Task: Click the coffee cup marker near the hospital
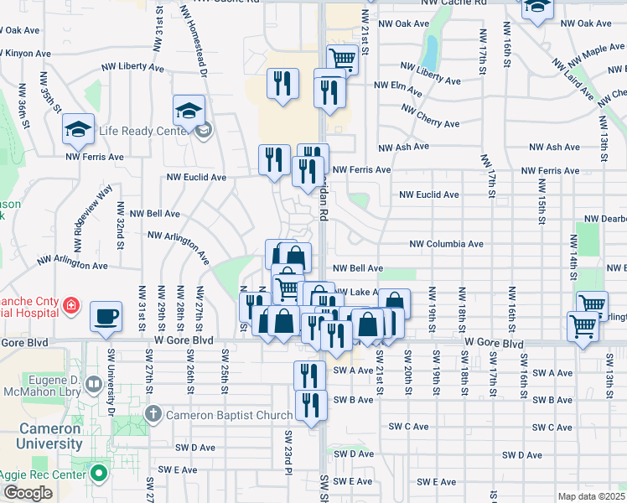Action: point(106,317)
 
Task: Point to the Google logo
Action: point(27,493)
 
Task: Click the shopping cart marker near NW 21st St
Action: point(342,60)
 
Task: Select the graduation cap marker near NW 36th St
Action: point(78,129)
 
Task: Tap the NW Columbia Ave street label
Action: point(446,244)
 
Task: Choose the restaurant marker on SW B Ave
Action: point(310,406)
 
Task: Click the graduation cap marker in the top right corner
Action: point(536,7)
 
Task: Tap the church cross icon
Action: point(153,413)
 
